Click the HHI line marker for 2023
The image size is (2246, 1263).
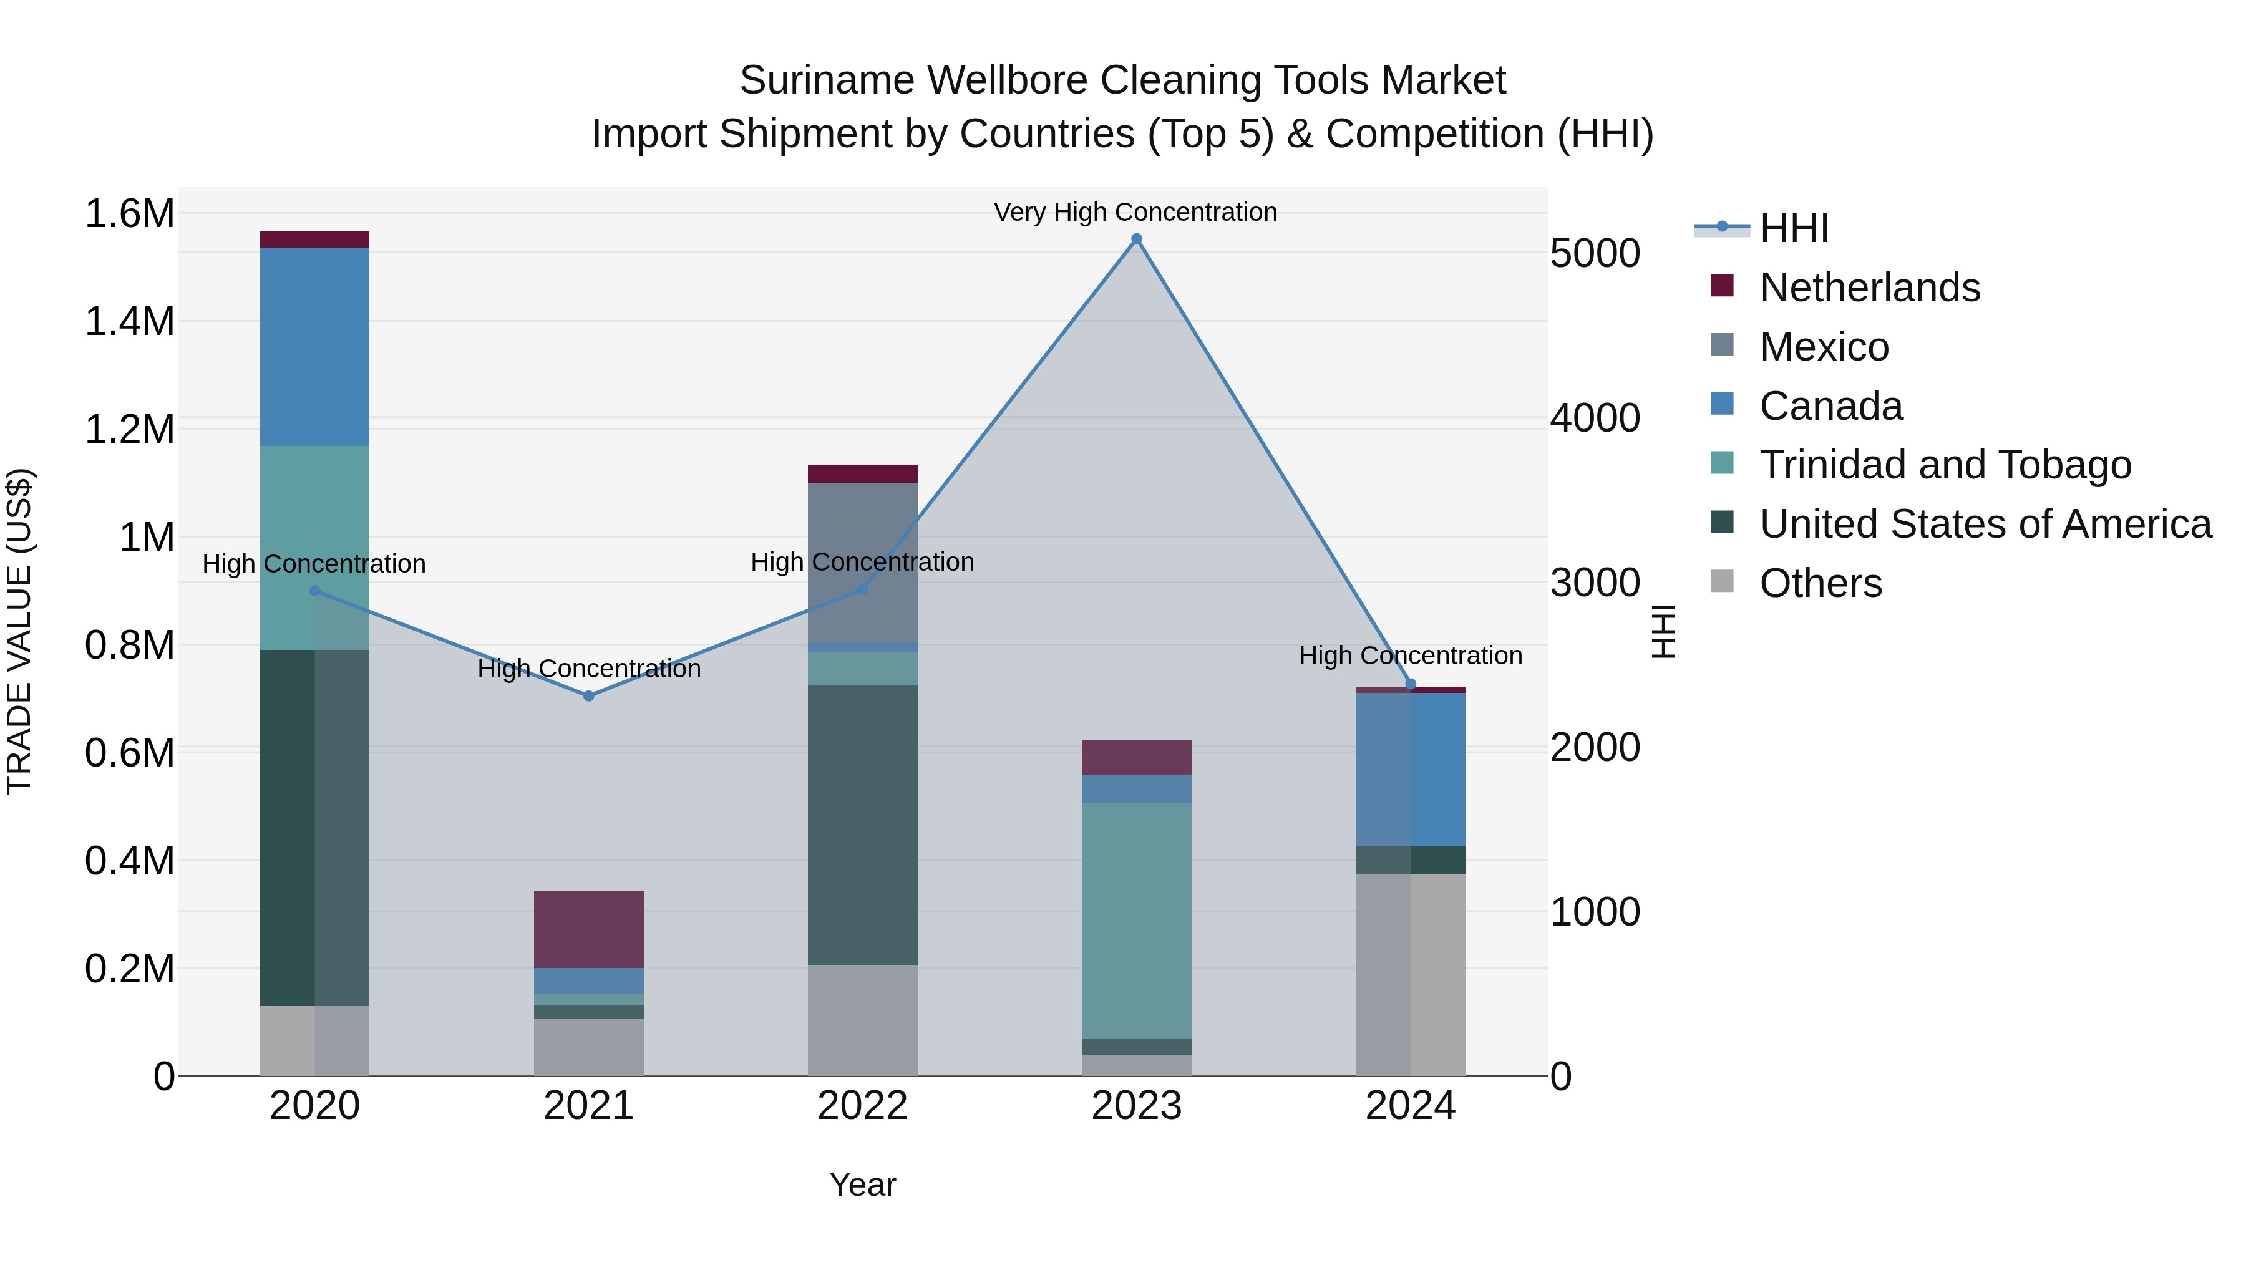coord(1136,239)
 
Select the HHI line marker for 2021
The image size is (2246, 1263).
coord(588,695)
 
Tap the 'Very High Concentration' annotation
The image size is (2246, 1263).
coord(1135,213)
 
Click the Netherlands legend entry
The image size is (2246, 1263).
coord(1869,288)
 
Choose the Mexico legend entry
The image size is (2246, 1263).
coord(1824,347)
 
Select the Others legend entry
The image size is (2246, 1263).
coord(1821,583)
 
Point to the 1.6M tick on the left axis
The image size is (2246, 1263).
coord(129,213)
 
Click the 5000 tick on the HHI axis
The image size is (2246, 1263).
coord(1595,254)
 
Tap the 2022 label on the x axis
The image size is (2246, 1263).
coord(862,1106)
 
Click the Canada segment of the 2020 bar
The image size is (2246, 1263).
coord(315,346)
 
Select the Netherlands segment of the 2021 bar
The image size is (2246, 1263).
coord(588,929)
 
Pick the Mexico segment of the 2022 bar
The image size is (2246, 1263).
coord(862,562)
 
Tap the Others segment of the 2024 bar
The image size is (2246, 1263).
coord(1410,974)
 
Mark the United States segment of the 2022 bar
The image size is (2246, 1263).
coord(862,824)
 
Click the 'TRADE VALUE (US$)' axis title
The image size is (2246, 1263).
coord(19,631)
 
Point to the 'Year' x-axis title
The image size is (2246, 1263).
coord(862,1184)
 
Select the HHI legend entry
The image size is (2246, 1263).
coord(1792,228)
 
